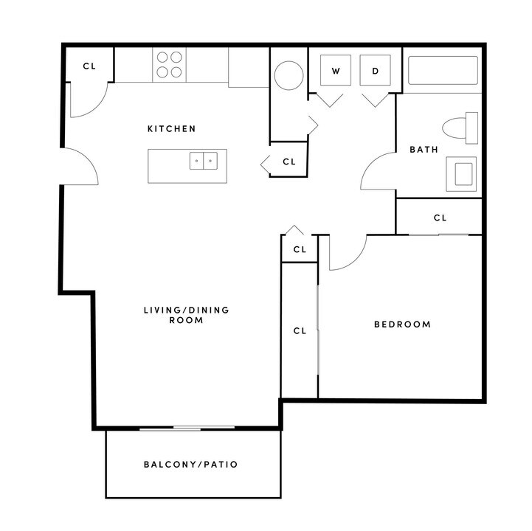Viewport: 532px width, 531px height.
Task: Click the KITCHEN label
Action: coord(172,129)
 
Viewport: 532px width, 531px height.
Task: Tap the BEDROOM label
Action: coord(402,324)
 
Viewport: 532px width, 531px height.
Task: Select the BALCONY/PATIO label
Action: coord(190,465)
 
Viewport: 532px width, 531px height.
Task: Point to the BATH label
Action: coord(424,150)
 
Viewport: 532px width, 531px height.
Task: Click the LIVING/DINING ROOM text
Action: coord(186,316)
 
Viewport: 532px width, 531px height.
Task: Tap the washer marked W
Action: coord(336,72)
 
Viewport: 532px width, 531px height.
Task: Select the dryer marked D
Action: coord(375,72)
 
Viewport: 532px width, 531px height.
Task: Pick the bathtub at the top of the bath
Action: coord(443,71)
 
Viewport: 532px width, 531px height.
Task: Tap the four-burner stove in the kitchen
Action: coord(170,64)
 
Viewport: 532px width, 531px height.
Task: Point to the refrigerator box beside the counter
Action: coord(248,67)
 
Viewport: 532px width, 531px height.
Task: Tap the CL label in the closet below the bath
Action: coord(440,218)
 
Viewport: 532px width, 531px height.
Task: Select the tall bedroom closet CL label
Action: coord(300,331)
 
